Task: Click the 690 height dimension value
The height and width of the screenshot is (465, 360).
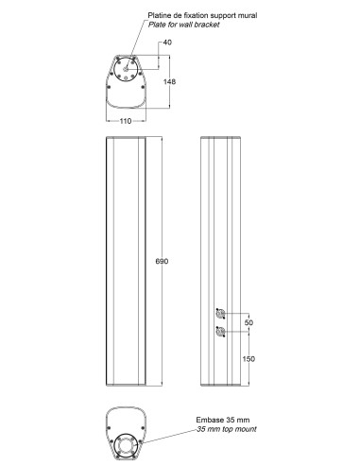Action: point(162,261)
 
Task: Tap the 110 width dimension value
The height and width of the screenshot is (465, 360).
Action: point(126,121)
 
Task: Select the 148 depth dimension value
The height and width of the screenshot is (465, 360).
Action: point(169,81)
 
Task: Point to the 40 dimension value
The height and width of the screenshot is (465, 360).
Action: point(167,43)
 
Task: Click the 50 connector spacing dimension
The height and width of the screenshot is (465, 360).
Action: point(249,322)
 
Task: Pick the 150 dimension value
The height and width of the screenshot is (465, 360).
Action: point(249,359)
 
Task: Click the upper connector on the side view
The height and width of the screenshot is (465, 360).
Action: point(220,314)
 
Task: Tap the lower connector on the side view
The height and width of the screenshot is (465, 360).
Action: point(220,332)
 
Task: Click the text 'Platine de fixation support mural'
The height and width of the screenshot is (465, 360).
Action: point(202,15)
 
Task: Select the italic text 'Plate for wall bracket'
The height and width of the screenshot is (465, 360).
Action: point(183,25)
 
